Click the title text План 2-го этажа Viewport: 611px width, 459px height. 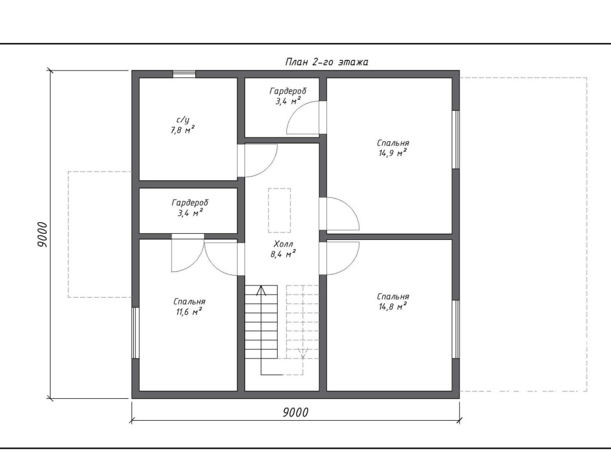click(326, 61)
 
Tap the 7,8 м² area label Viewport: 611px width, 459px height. click(182, 130)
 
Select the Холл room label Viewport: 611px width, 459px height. click(283, 244)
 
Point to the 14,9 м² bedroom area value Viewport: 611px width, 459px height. click(393, 153)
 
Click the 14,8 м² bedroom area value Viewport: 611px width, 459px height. click(393, 306)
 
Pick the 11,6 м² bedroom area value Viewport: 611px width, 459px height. click(189, 312)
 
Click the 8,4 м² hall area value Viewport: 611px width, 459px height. click(283, 254)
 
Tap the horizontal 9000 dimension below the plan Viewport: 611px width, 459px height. click(295, 412)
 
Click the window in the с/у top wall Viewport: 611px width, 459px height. click(184, 74)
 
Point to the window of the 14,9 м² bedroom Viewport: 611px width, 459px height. click(455, 140)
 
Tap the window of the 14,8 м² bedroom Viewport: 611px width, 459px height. click(455, 329)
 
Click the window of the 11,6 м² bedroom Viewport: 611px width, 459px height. click(135, 333)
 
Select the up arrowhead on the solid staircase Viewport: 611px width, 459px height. click(261, 290)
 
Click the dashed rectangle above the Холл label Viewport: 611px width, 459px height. click(279, 211)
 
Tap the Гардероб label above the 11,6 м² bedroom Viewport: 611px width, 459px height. click(190, 203)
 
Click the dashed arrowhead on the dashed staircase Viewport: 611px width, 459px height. click(303, 354)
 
